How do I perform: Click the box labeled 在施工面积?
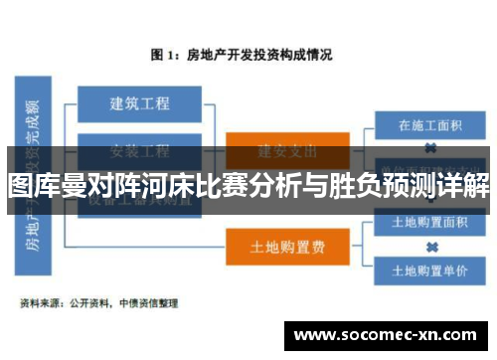click(431, 125)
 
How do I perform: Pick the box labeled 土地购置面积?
click(431, 222)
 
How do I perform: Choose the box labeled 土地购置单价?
click(431, 270)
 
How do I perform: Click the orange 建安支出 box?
click(287, 150)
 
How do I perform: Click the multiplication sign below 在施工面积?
click(431, 146)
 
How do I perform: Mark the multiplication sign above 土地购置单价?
click(431, 246)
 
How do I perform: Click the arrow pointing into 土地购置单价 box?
click(369, 269)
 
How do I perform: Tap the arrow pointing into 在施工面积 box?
click(369, 126)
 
